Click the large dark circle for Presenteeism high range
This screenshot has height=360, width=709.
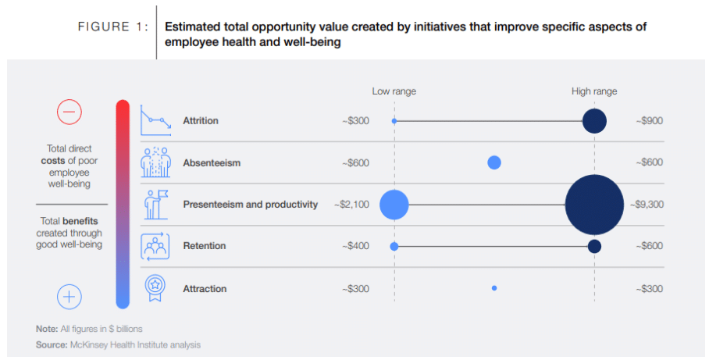pyautogui.click(x=594, y=205)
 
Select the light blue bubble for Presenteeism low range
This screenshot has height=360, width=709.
pyautogui.click(x=394, y=205)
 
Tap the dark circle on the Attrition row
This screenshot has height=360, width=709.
pyautogui.click(x=594, y=121)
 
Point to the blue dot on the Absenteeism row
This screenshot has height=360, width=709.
pyautogui.click(x=494, y=162)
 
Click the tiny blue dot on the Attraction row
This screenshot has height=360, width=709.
pyautogui.click(x=494, y=288)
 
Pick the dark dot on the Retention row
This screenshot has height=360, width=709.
pyautogui.click(x=594, y=246)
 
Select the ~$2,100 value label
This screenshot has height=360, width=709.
pyautogui.click(x=351, y=205)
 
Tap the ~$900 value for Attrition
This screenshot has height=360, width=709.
pyautogui.click(x=648, y=121)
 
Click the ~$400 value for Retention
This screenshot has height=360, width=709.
pyautogui.click(x=355, y=246)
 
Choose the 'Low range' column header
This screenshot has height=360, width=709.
pyautogui.click(x=394, y=91)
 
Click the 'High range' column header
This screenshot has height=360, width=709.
pyautogui.click(x=594, y=91)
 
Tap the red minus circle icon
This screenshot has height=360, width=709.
pyautogui.click(x=69, y=112)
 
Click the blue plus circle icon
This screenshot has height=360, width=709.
pyautogui.click(x=69, y=296)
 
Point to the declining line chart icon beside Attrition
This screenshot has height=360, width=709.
pyautogui.click(x=155, y=121)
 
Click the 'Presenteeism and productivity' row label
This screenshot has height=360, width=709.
pyautogui.click(x=250, y=205)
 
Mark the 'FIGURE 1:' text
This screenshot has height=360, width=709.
pyautogui.click(x=112, y=27)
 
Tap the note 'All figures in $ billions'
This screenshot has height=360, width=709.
pyautogui.click(x=89, y=328)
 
